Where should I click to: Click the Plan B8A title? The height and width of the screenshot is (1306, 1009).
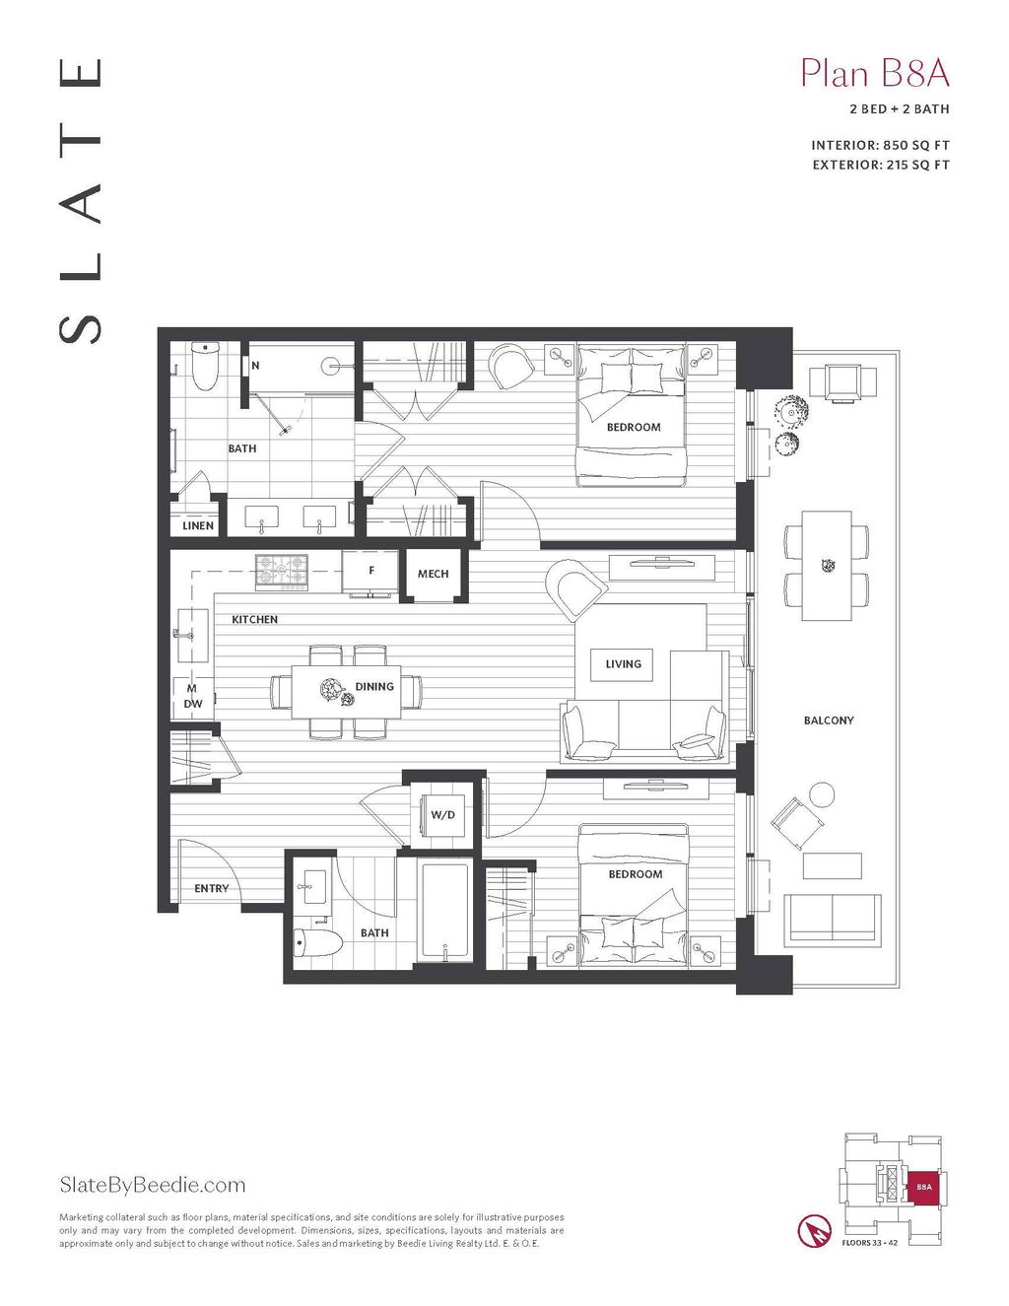coord(875,74)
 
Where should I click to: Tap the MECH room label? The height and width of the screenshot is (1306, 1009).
coord(433,574)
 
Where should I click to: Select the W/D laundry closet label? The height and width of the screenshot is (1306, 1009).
coord(442,815)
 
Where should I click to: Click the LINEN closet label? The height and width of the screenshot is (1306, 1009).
coord(198,526)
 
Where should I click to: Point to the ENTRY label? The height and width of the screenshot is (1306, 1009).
coord(212,888)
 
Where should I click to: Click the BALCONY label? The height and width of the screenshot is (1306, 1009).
coord(829,720)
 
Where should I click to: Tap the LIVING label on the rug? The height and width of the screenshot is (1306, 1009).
coord(623,664)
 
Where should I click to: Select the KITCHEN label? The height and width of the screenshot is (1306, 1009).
coord(254,619)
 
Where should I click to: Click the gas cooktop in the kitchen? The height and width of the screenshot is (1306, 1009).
coord(281,571)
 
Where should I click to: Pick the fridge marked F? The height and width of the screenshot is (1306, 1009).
coord(370,571)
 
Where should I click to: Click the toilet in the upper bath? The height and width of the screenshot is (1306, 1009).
coord(205,366)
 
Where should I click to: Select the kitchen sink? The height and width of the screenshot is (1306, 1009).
coord(193,635)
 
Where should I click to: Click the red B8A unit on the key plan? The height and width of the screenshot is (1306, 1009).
coord(924,1187)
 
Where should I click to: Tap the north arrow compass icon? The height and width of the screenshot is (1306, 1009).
coord(815,1231)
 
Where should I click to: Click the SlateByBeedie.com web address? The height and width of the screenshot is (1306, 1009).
coord(153,1185)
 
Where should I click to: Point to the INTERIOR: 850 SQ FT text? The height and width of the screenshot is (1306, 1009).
coord(881,146)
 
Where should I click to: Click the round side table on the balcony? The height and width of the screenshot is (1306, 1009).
coord(822,794)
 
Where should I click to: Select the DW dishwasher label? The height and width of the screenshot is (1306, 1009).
coord(193,703)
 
